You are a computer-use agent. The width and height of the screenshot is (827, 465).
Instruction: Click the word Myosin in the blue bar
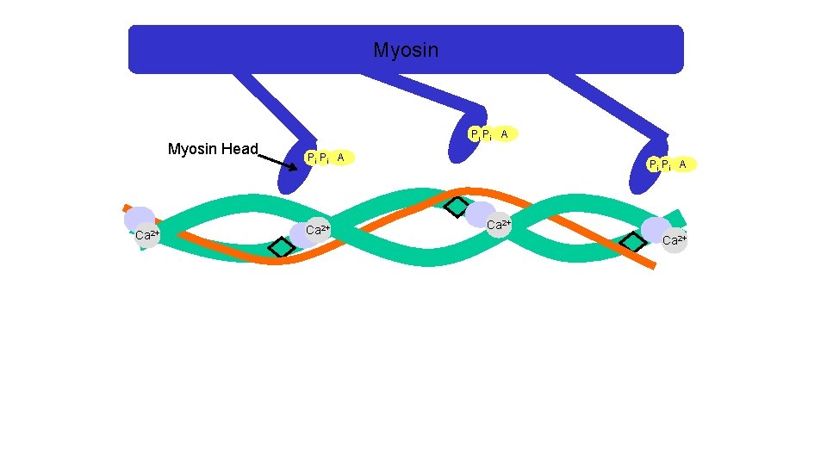tap(406, 51)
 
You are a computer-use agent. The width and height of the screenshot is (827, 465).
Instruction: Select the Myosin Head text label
tap(213, 149)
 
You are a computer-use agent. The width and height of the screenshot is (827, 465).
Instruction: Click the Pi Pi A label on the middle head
tap(492, 134)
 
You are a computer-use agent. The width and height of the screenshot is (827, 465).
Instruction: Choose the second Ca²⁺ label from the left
tap(318, 230)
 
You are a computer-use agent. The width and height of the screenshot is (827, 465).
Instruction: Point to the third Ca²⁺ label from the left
tap(499, 225)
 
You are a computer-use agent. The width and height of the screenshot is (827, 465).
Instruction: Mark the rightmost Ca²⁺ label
tap(675, 240)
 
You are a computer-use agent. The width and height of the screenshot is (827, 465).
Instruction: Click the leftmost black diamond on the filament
tap(281, 247)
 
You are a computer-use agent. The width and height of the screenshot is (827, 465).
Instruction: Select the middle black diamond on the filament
tap(457, 208)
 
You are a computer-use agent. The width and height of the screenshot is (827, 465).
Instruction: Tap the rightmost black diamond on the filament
tap(633, 243)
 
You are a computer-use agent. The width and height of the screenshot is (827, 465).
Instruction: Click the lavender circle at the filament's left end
tap(139, 219)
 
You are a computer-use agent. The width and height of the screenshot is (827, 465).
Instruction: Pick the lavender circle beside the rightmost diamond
tap(656, 229)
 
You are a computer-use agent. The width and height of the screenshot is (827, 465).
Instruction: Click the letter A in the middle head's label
tap(505, 133)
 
